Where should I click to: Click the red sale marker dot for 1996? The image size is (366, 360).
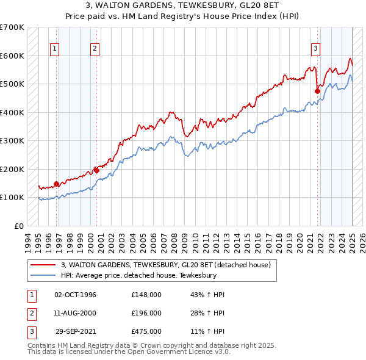click(x=56, y=184)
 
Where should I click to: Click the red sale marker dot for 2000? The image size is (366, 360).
click(x=96, y=170)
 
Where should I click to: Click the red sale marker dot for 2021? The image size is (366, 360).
click(x=317, y=92)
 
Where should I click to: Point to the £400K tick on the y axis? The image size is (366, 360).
click(x=12, y=112)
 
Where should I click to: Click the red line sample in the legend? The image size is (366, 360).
click(x=43, y=265)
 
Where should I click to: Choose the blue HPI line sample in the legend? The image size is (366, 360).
click(x=43, y=275)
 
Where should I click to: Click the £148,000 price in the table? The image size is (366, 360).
click(x=146, y=295)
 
